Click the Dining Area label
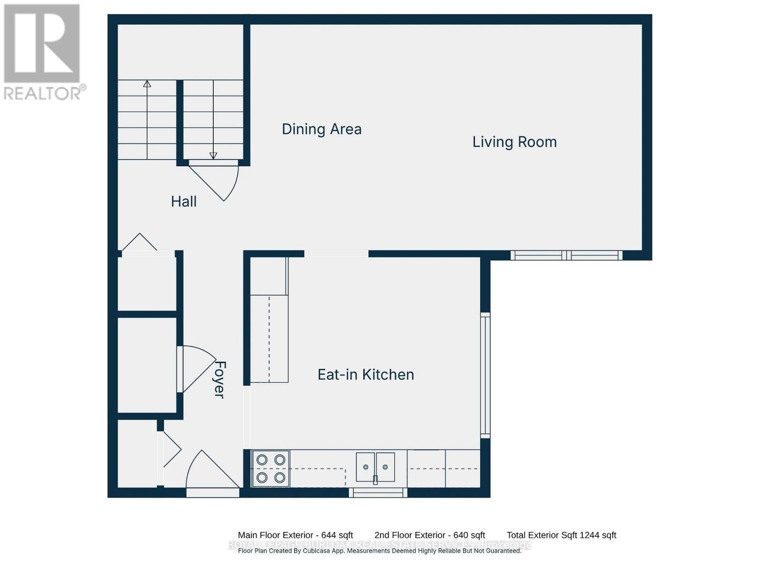(x=322, y=129)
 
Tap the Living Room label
(x=514, y=142)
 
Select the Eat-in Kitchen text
(x=366, y=375)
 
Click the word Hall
(x=184, y=201)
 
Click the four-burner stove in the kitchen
(x=271, y=469)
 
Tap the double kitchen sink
(x=375, y=467)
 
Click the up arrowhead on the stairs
(x=147, y=84)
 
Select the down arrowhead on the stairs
(x=213, y=155)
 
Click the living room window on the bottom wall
(x=566, y=256)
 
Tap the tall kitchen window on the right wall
(x=485, y=375)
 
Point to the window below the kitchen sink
(x=378, y=493)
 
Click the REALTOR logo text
(x=45, y=93)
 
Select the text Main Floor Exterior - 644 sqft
(x=295, y=535)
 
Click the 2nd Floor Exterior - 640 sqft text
(x=429, y=535)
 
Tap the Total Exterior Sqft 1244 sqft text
(x=561, y=535)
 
